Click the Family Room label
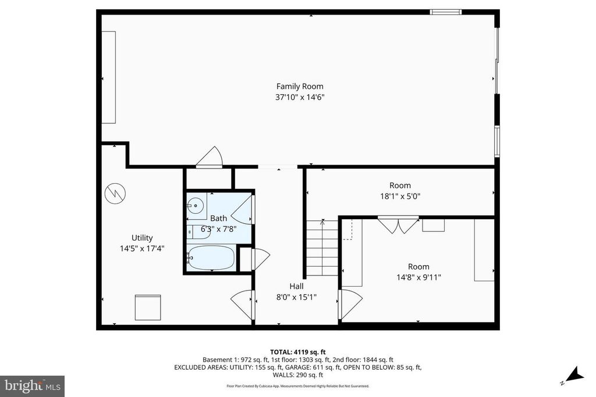click(299, 87)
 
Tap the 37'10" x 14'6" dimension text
click(299, 98)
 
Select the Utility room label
click(142, 238)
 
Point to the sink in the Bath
click(196, 205)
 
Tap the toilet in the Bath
click(193, 232)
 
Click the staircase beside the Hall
click(322, 248)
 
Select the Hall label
click(296, 286)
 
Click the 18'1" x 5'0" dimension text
click(400, 196)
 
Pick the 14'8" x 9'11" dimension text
click(418, 277)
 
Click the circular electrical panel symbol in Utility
click(114, 193)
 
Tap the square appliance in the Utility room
click(148, 307)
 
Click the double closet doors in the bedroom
click(398, 224)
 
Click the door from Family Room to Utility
click(210, 158)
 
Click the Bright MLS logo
click(32, 386)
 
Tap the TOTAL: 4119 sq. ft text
click(297, 352)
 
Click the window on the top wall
click(446, 12)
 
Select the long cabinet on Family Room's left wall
click(109, 77)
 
